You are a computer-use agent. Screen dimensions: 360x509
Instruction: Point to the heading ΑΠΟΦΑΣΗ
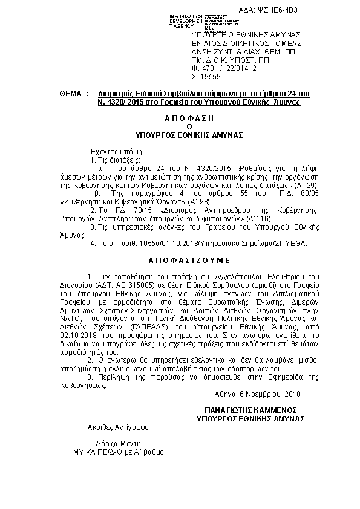coord(188,119)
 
